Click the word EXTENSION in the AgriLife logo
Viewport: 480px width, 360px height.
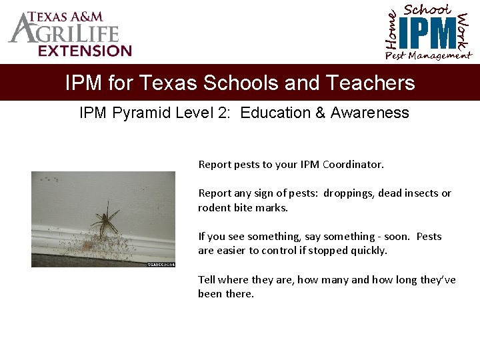tap(85, 51)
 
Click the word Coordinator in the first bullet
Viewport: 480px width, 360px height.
tap(352, 164)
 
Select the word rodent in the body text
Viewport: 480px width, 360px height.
tap(214, 208)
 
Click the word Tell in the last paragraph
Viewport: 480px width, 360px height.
tap(206, 280)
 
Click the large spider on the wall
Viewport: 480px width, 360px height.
tap(105, 219)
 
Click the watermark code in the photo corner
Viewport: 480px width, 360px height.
tap(161, 265)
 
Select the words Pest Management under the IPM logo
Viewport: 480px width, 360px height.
tap(428, 56)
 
